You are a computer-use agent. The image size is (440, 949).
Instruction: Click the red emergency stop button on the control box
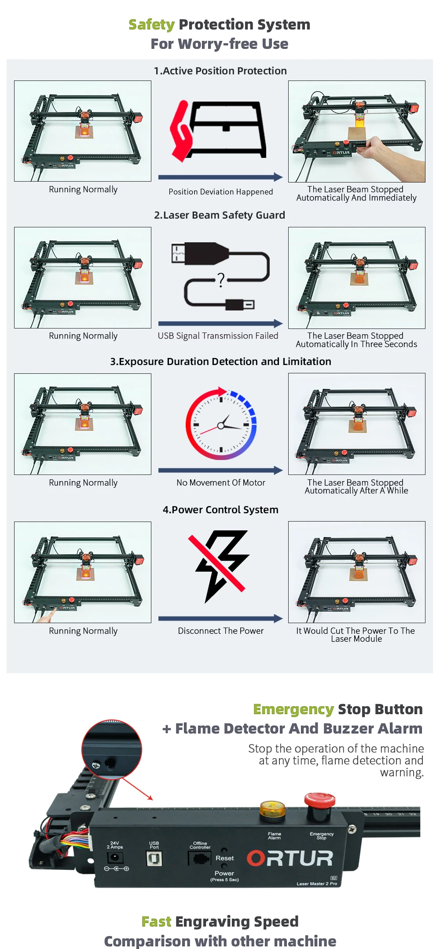point(320,800)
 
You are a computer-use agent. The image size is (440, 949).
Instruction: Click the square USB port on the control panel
point(154,858)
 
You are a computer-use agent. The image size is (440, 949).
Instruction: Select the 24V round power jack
point(115,857)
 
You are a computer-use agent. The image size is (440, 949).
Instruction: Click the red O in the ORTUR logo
point(256,858)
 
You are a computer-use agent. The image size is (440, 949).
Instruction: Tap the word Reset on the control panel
point(224,858)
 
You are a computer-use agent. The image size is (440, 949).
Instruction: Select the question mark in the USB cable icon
point(221,280)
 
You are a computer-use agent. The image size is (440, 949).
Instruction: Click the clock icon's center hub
point(221,426)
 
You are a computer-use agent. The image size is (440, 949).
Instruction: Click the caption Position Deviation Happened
point(220,192)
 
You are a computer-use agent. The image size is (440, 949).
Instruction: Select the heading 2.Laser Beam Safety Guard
point(220,215)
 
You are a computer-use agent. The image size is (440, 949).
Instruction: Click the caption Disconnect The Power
point(220,631)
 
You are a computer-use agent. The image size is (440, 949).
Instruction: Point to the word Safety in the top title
point(151,25)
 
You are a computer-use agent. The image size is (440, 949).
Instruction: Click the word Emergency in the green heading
point(293,709)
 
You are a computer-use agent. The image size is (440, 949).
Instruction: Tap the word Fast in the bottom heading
point(156,921)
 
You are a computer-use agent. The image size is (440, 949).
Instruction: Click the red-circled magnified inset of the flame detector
point(112,749)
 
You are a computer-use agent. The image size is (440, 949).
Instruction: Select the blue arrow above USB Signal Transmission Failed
point(220,323)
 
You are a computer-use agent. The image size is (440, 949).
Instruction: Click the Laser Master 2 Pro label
point(317,883)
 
